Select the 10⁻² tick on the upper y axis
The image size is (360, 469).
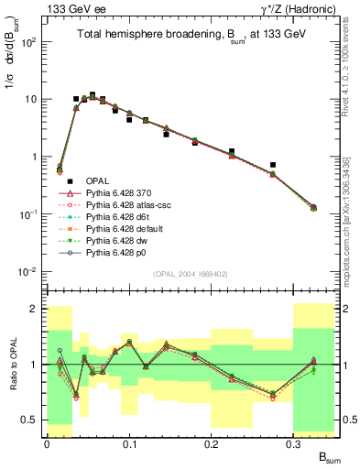[x=30, y=272]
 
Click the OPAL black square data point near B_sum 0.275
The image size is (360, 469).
[x=273, y=165]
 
